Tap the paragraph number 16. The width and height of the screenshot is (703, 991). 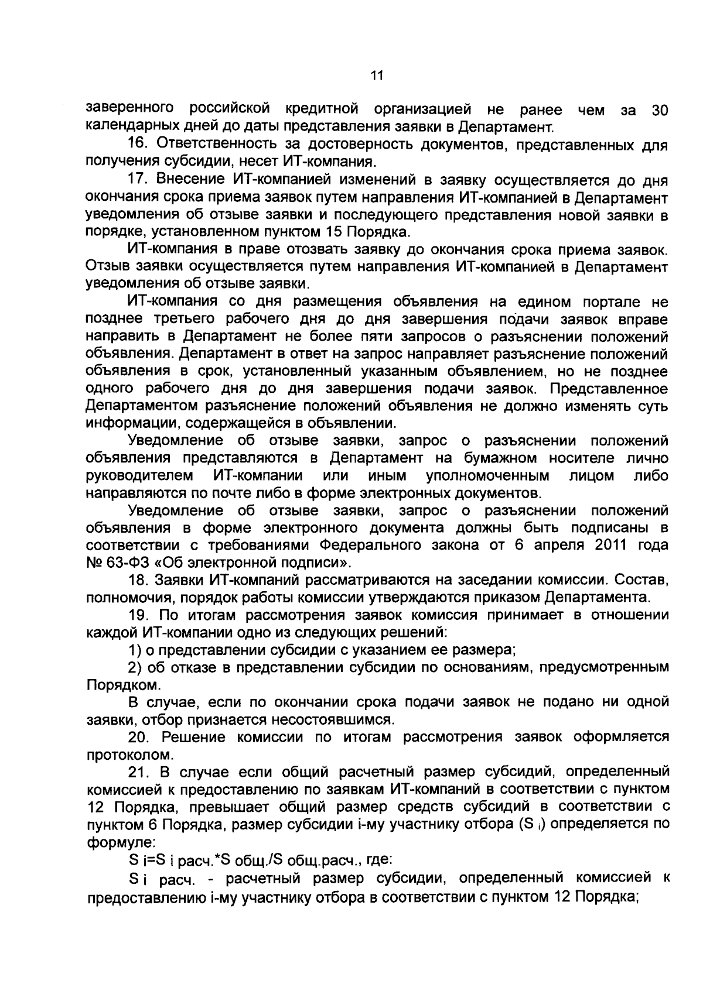coord(137,145)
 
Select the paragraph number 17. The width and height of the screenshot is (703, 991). coord(137,180)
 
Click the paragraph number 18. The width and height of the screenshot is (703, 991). coord(137,581)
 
